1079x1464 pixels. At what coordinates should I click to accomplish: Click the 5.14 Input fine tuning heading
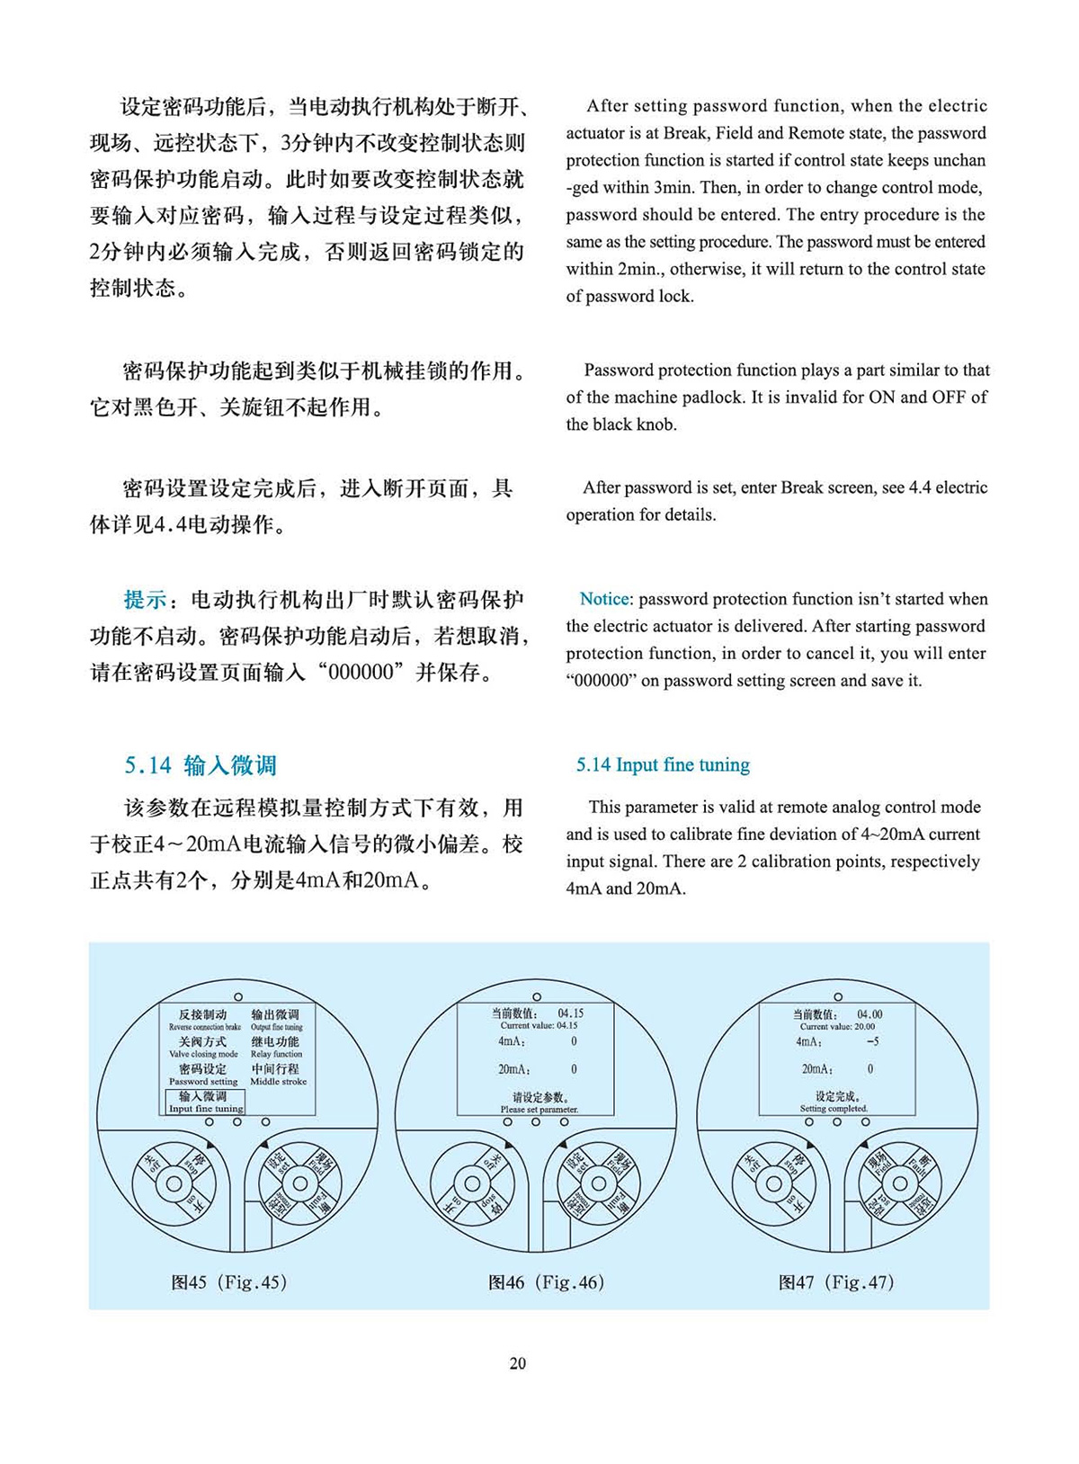663,765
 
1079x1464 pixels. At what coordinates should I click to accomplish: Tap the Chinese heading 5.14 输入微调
201,765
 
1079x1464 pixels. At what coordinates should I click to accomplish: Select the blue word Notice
604,599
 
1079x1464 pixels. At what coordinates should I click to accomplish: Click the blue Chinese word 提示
145,600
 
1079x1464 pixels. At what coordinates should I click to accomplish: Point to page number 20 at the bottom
518,1363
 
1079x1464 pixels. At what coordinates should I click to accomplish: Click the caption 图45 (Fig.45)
229,1282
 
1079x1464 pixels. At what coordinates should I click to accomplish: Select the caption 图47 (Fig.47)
837,1282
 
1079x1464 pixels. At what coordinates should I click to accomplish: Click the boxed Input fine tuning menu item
205,1102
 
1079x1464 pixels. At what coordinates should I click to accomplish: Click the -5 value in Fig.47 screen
872,1041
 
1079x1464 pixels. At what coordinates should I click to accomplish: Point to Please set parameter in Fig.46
539,1109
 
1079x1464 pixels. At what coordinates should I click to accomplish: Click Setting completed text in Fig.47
834,1108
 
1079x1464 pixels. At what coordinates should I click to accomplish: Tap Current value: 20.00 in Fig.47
837,1026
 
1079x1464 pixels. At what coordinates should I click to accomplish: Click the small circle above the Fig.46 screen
538,996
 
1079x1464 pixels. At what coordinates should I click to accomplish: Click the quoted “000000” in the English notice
601,681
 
